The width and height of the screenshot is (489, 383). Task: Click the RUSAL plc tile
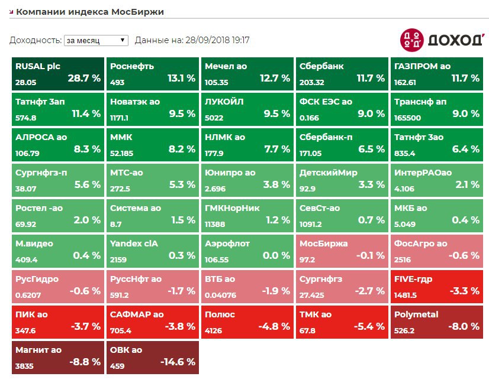pyautogui.click(x=57, y=74)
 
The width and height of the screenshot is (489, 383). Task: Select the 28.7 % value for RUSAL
pyautogui.click(x=83, y=78)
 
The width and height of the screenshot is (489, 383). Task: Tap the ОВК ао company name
pyautogui.click(x=126, y=350)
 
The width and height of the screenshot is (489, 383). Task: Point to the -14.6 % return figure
pyautogui.click(x=176, y=362)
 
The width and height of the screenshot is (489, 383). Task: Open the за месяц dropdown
pyautogui.click(x=95, y=40)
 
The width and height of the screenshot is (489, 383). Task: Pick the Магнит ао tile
pyautogui.click(x=57, y=358)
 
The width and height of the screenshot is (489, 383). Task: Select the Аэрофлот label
pyautogui.click(x=227, y=244)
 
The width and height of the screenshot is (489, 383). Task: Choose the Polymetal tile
pyautogui.click(x=436, y=322)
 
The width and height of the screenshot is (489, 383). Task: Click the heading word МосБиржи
pyautogui.click(x=140, y=11)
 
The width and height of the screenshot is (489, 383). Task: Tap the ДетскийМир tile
pyautogui.click(x=342, y=180)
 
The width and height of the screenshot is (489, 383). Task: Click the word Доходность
pyautogui.click(x=35, y=40)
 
